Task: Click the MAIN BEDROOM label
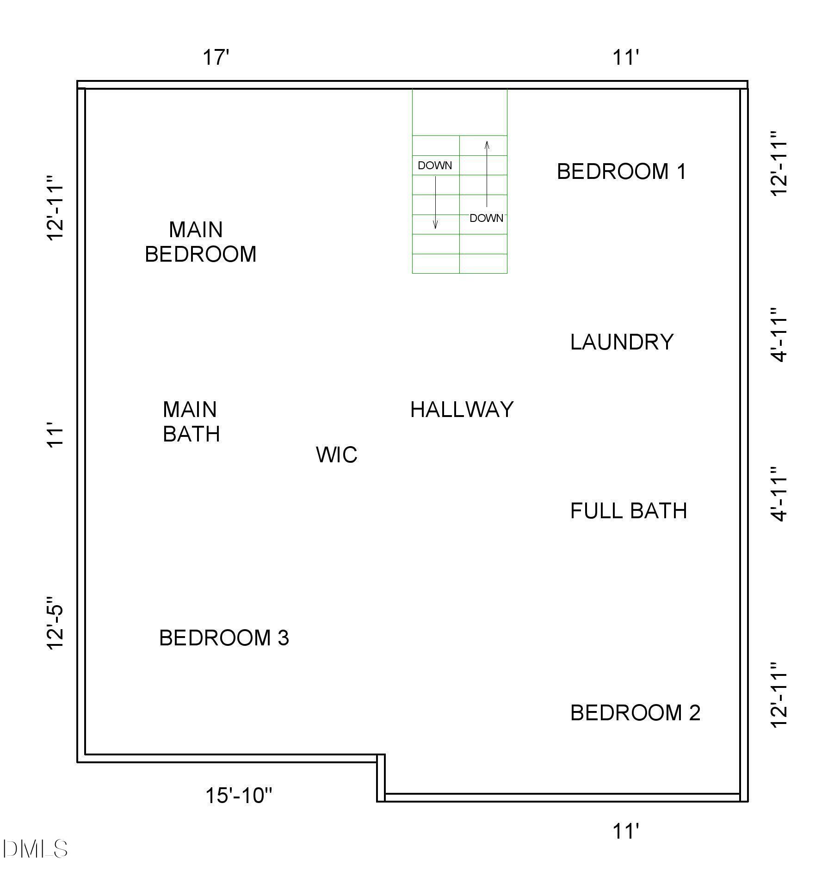(x=200, y=242)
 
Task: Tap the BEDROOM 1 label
(x=621, y=172)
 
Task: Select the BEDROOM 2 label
(x=635, y=712)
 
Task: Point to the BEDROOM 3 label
(x=224, y=638)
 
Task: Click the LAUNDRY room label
(x=621, y=342)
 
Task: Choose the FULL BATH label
(x=628, y=511)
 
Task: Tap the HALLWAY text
(x=462, y=410)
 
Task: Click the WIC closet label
(x=337, y=455)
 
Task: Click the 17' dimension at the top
(x=216, y=58)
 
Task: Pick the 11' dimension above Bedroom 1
(x=625, y=58)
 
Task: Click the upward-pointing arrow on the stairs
(x=487, y=173)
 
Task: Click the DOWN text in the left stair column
(x=435, y=166)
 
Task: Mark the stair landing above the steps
(x=460, y=112)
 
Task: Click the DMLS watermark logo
(x=35, y=849)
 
